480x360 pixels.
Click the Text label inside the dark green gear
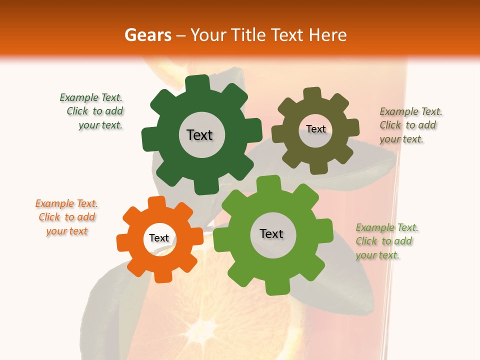click(199, 135)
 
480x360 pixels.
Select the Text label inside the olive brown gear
click(315, 129)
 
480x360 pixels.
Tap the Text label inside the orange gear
click(159, 238)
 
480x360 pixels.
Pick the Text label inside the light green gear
click(271, 234)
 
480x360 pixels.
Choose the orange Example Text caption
click(66, 217)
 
